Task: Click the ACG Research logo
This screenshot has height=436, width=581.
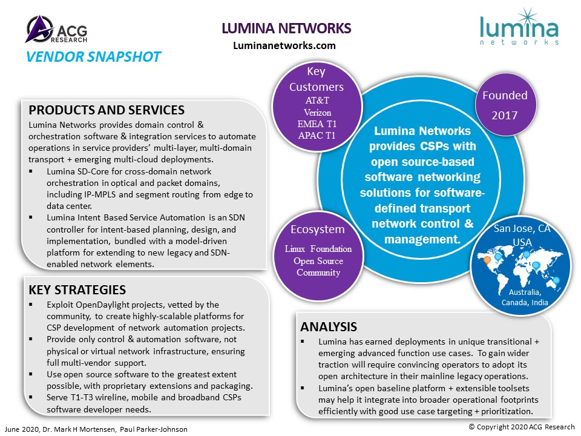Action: pos(57,29)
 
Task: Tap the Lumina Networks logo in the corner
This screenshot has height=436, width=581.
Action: pos(519,27)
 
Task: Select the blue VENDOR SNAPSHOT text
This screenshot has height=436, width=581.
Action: pos(93,57)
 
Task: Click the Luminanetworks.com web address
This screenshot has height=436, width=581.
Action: pos(284,45)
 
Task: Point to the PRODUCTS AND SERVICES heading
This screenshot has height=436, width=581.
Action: pos(107,110)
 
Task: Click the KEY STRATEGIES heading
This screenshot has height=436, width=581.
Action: pos(77,289)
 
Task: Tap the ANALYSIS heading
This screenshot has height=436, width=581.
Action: pos(328,326)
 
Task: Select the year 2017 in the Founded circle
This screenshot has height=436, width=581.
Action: pos(504,115)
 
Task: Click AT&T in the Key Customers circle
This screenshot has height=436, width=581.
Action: pos(317,100)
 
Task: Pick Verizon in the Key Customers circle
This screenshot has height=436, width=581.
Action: pos(317,113)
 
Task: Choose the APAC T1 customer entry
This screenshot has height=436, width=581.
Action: pos(317,135)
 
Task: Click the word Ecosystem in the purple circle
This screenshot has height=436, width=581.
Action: pos(318,229)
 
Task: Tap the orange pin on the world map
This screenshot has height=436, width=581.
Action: pos(487,260)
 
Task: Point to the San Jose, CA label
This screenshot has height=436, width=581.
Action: pos(522,228)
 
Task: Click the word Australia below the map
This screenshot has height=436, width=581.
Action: pos(525,292)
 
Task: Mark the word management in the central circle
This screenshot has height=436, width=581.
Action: pos(422,240)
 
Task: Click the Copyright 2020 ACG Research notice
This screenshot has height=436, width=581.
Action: pos(522,427)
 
